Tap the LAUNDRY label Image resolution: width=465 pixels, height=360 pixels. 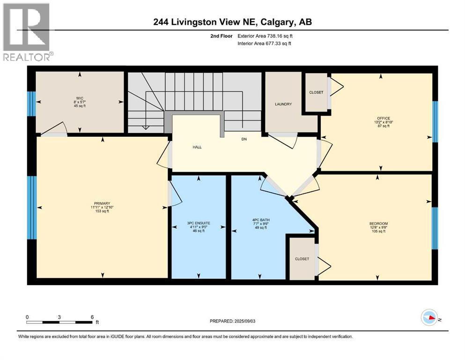tap(284, 104)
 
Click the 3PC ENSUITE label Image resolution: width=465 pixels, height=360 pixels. tap(199, 223)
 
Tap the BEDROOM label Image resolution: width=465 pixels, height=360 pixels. tap(378, 223)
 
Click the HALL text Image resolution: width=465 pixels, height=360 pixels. tap(198, 147)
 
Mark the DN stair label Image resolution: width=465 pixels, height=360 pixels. tap(244, 139)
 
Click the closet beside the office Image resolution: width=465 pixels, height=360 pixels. tap(316, 92)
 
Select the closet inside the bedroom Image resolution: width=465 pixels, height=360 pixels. tap(302, 259)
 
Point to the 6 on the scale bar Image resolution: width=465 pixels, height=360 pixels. tap(92, 316)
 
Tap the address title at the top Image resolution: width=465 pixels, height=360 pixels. tap(232, 22)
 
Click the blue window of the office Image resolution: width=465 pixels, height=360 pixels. tap(435, 121)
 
